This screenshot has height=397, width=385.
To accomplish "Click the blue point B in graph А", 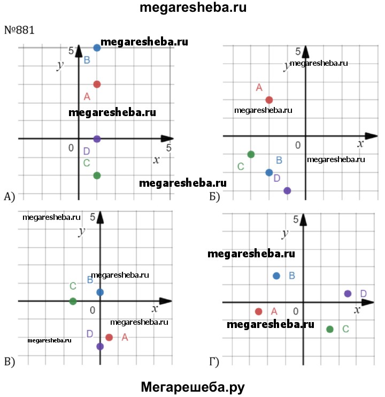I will point(97,48).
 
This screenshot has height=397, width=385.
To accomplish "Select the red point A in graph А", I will point(97,84).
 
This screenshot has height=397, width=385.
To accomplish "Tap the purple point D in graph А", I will point(97,139).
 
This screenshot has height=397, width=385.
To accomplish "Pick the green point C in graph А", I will point(97,175).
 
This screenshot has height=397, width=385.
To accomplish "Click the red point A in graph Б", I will point(269,100).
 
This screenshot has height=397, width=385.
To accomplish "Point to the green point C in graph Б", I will point(251,155).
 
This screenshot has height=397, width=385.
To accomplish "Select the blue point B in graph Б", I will point(269,172).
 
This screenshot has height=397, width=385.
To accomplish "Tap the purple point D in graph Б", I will point(287,190).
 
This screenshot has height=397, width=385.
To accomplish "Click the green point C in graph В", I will point(73,301).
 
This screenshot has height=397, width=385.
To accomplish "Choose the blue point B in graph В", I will point(100,292).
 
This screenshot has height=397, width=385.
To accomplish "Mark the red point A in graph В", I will point(109,337).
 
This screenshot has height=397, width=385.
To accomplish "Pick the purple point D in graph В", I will point(100,346).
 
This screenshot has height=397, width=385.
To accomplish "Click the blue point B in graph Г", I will point(276,276).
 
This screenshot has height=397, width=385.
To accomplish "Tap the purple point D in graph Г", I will point(348,293).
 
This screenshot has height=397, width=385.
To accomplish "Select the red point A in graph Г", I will point(259,311).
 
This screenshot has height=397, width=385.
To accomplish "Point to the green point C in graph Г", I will point(330,329).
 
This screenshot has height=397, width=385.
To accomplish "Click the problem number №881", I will point(19,30).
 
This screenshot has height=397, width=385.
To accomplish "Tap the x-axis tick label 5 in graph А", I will point(169,147).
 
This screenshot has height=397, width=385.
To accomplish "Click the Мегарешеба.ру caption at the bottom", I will point(193,386).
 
